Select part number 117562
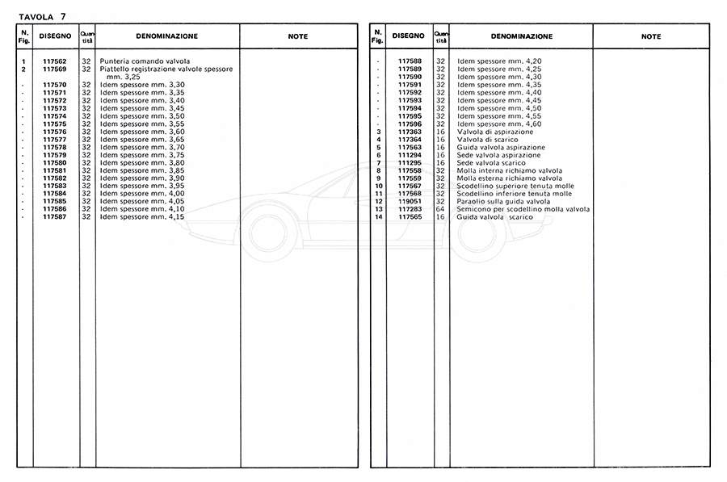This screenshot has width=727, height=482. point(55,62)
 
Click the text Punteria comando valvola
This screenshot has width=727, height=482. point(145,62)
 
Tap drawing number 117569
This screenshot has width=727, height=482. point(55,69)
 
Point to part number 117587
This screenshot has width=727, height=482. point(55,217)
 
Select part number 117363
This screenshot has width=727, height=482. point(410,132)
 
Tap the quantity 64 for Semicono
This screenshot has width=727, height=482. point(441,209)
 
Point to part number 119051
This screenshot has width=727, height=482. point(410,202)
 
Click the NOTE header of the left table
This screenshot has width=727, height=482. point(297,37)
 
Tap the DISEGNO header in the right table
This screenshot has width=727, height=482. point(408,36)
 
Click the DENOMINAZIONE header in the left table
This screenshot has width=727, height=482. point(166,37)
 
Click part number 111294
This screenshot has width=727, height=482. point(410,155)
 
